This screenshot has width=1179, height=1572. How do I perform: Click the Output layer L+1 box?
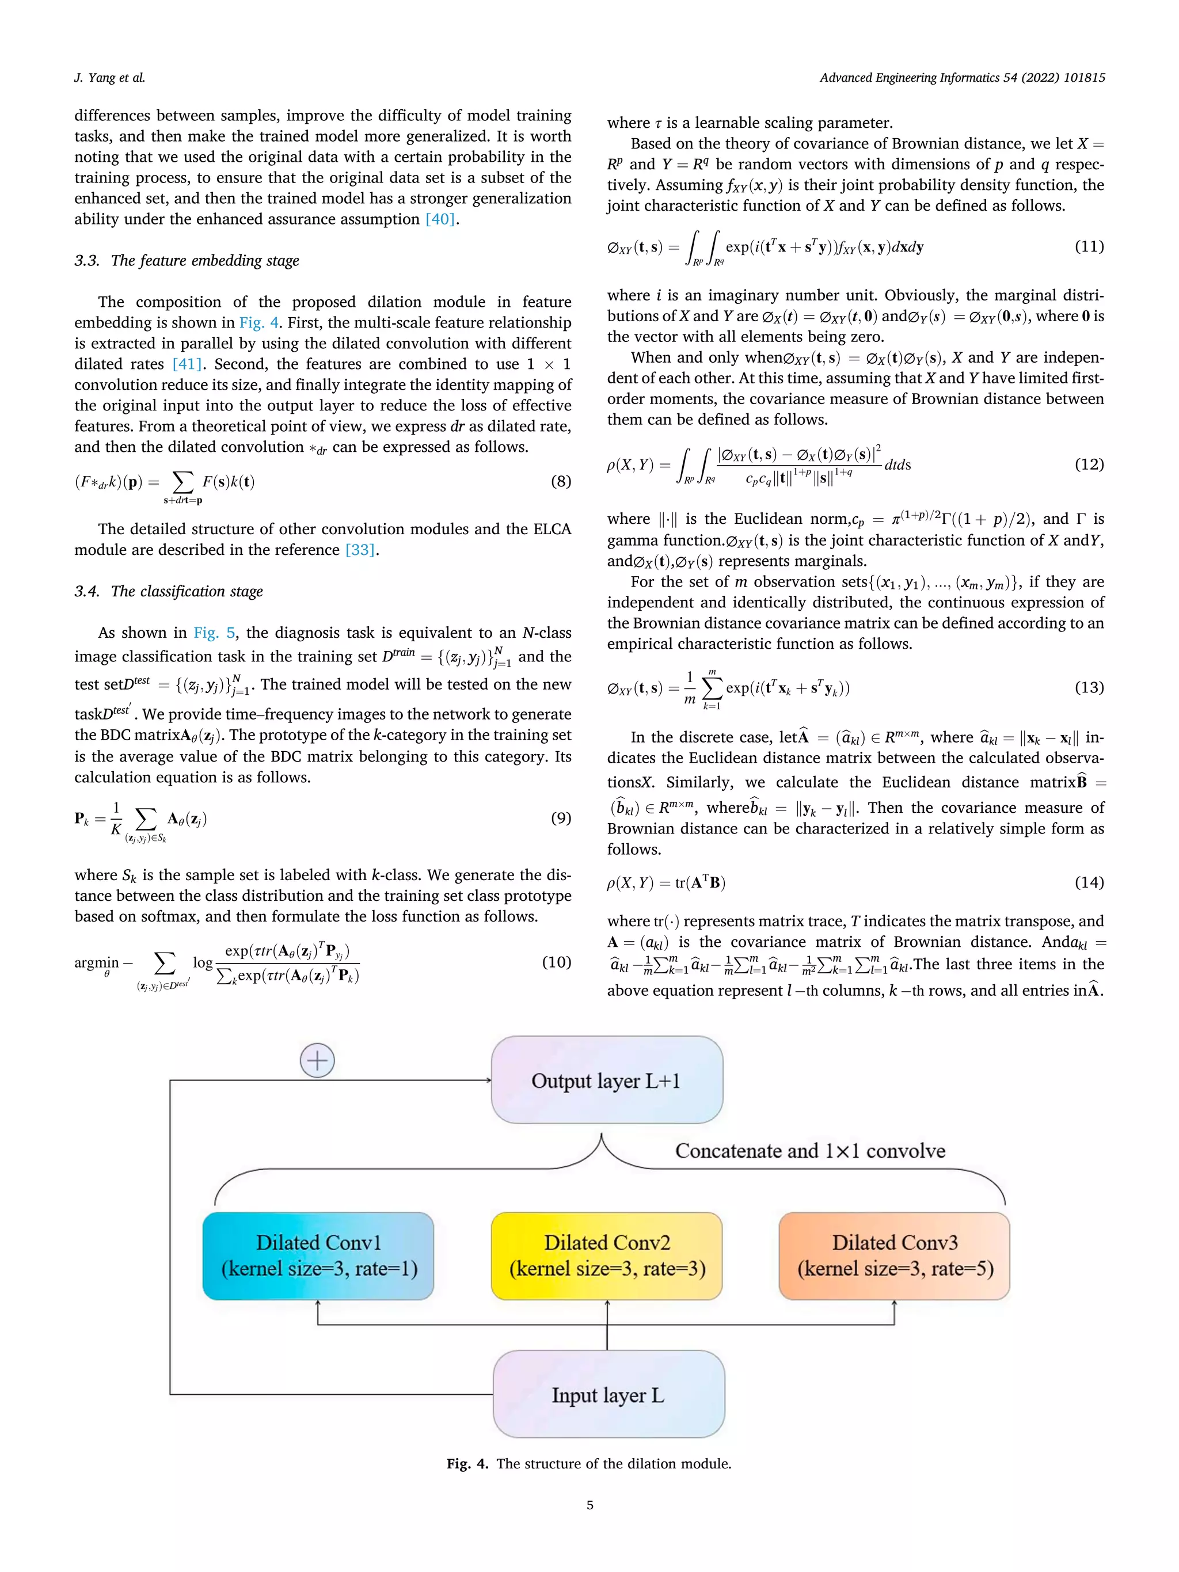click(x=606, y=1080)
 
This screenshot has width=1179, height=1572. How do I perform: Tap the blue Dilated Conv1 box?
click(x=318, y=1256)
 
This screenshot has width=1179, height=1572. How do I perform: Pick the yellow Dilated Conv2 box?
click(x=606, y=1256)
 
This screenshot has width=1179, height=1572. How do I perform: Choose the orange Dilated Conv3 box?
click(x=894, y=1256)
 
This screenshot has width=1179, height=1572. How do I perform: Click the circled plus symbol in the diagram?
click(x=317, y=1061)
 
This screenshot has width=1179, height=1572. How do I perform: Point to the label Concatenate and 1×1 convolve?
click(x=809, y=1151)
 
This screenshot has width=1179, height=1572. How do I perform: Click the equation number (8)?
click(x=561, y=481)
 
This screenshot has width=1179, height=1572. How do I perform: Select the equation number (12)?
click(x=1089, y=464)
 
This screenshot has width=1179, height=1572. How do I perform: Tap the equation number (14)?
click(x=1089, y=882)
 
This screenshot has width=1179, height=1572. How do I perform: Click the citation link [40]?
click(x=440, y=219)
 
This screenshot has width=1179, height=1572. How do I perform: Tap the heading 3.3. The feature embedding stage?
click(x=187, y=260)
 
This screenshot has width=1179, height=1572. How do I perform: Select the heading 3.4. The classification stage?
click(x=169, y=591)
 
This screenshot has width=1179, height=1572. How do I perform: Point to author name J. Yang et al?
click(x=109, y=78)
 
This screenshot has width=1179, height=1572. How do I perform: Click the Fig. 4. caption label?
click(x=467, y=1463)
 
